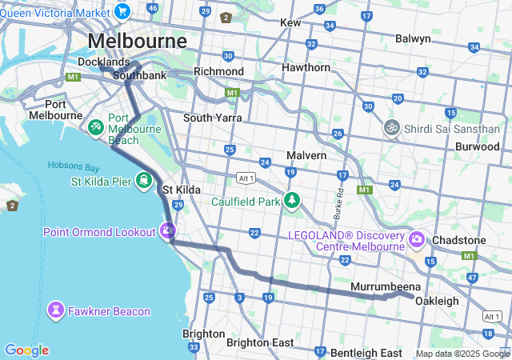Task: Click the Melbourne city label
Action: pyautogui.click(x=137, y=41)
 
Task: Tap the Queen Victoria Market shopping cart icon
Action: pyautogui.click(x=122, y=11)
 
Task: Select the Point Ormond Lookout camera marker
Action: pyautogui.click(x=167, y=231)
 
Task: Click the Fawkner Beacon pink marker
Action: pyautogui.click(x=56, y=309)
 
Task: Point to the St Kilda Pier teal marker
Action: pyautogui.click(x=144, y=179)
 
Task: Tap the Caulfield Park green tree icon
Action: pyautogui.click(x=293, y=200)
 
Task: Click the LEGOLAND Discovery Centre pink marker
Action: pyautogui.click(x=416, y=239)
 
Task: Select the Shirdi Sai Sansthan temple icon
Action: pyautogui.click(x=392, y=127)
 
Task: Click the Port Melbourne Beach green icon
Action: pyautogui.click(x=95, y=127)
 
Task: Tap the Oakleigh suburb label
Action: pyautogui.click(x=437, y=301)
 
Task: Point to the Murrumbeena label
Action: pyautogui.click(x=386, y=286)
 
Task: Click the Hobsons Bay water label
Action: pyautogui.click(x=73, y=166)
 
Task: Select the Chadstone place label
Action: pyautogui.click(x=458, y=240)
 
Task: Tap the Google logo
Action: pyautogui.click(x=26, y=350)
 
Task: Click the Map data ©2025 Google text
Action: pyautogui.click(x=462, y=354)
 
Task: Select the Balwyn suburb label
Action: pyautogui.click(x=413, y=38)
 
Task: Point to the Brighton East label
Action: pyautogui.click(x=260, y=342)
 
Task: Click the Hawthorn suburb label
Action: pyautogui.click(x=306, y=67)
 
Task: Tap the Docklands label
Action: pyautogui.click(x=103, y=62)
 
